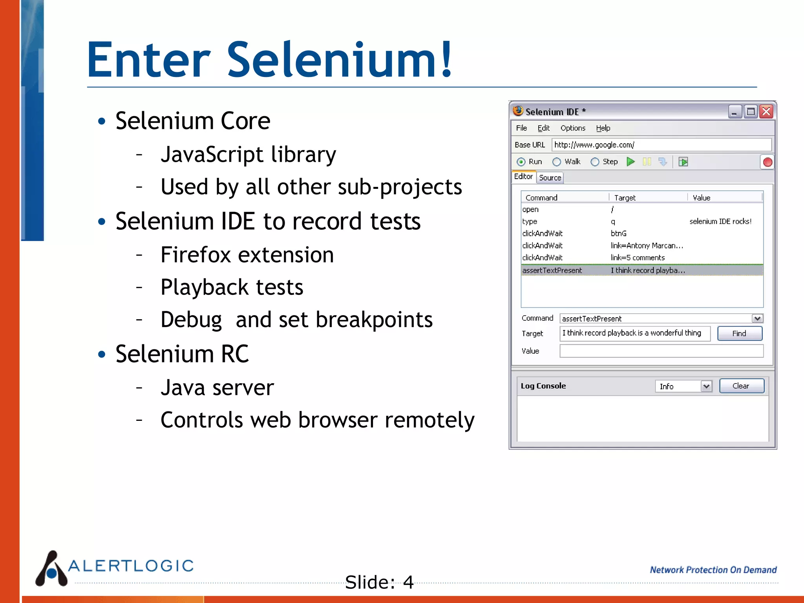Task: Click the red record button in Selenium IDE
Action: (767, 162)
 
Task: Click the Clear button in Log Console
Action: (741, 386)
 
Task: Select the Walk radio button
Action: (557, 162)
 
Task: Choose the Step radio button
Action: (595, 162)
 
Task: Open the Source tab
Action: (550, 178)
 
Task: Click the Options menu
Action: (573, 128)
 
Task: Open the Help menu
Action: (603, 128)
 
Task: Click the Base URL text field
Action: (661, 145)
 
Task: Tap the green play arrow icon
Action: (630, 162)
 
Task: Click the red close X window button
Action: (766, 112)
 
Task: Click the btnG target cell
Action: (619, 234)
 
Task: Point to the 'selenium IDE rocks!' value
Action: (720, 221)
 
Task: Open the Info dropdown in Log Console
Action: (683, 386)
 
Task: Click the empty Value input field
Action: (661, 351)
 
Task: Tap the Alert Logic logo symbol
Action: (51, 569)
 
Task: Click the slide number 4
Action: (408, 582)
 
